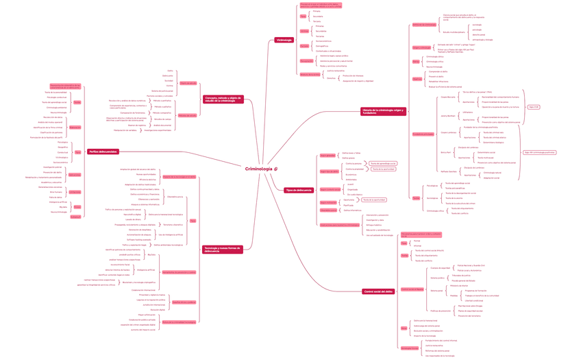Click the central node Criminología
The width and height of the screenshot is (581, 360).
coord(262,169)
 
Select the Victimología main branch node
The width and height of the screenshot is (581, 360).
coord(284,40)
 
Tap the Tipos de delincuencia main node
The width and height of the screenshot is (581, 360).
coord(299,190)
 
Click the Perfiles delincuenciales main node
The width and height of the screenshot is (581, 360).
coord(103,152)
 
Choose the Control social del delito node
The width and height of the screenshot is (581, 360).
coord(378,291)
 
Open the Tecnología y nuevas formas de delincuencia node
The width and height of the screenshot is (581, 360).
coord(223,250)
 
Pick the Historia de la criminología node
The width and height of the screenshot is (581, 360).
coord(383,111)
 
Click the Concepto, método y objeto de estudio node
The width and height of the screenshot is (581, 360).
coord(223,99)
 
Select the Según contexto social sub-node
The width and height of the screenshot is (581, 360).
coord(330,189)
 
